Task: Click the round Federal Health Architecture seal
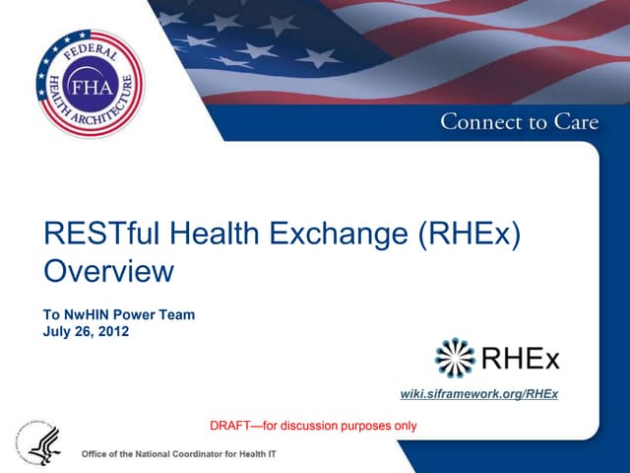[89, 83]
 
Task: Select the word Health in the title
[211, 234]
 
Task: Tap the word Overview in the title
[109, 270]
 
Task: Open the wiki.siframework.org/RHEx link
[479, 394]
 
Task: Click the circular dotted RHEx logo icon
[455, 357]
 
